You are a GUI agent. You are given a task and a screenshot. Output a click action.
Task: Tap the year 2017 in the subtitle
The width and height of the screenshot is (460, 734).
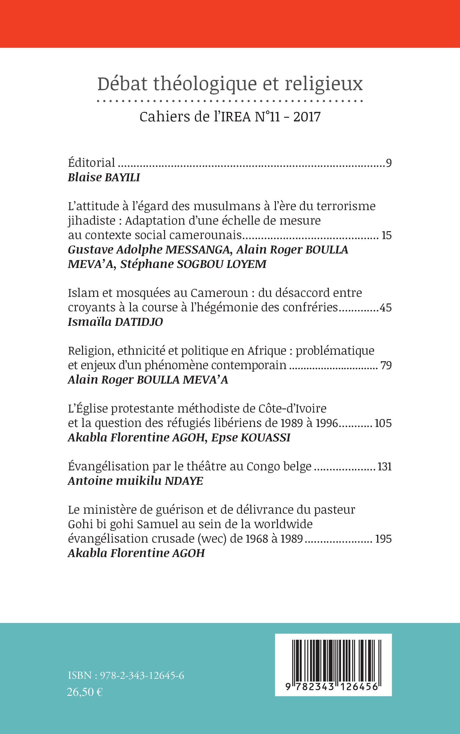tap(307, 117)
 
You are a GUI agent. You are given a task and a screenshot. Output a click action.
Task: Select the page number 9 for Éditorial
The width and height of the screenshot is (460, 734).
tap(388, 163)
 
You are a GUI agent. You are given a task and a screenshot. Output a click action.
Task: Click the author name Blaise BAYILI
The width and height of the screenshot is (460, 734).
tap(104, 177)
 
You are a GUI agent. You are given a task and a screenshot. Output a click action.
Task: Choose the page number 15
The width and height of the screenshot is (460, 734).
tap(386, 235)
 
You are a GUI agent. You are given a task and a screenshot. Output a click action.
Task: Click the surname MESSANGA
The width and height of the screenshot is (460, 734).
tap(198, 250)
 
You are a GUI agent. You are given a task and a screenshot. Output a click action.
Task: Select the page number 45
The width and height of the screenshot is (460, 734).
tap(385, 308)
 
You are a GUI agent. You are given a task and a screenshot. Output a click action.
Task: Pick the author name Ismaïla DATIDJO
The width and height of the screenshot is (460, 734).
tap(115, 322)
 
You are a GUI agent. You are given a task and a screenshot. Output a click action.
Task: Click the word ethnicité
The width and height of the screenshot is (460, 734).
tap(141, 351)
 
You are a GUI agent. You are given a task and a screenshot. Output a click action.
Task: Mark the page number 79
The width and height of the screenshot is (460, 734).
tap(386, 365)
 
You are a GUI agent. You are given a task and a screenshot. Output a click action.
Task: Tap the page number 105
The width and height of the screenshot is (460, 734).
tap(383, 423)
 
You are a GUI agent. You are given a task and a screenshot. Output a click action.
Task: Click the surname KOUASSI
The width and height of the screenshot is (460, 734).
tap(266, 438)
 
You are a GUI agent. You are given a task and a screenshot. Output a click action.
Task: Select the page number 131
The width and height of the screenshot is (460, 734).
tap(385, 467)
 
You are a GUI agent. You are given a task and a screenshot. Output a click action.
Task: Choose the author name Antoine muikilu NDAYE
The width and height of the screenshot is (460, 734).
tap(135, 481)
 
